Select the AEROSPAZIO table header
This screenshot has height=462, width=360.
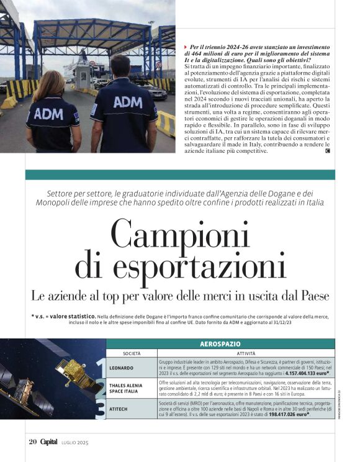tap(220, 343)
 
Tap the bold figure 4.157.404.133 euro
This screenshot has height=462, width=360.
tap(304, 373)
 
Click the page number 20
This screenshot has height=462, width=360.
tap(32, 442)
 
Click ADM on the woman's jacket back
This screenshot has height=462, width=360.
tap(48, 114)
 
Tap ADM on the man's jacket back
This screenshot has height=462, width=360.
tap(127, 101)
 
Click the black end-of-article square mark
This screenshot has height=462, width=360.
tap(327, 151)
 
